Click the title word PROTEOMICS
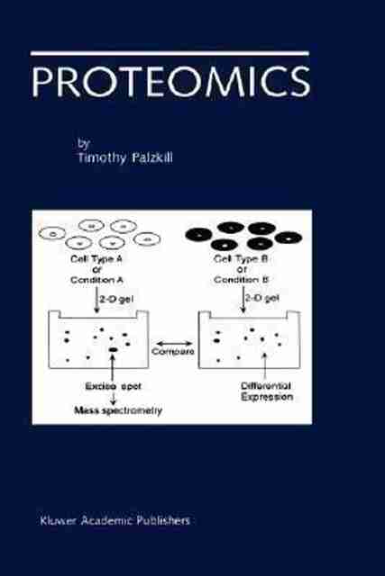pos(170,82)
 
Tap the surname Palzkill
pos(152,157)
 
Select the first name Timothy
pos(102,158)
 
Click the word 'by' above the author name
pos(84,144)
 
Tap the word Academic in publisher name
pos(106,520)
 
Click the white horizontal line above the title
pos(170,53)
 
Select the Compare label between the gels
pos(172,352)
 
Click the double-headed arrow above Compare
pos(172,344)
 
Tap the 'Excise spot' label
pos(113,386)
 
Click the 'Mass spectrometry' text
pos(118,410)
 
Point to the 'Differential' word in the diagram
pos(266,386)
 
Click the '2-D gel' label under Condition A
pos(116,300)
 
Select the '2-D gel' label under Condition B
pos(262,298)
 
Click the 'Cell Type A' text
pos(96,259)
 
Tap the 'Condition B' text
pos(241,280)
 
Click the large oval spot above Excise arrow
pos(113,350)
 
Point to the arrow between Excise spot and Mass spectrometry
pos(113,398)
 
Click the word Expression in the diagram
pos(267,397)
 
